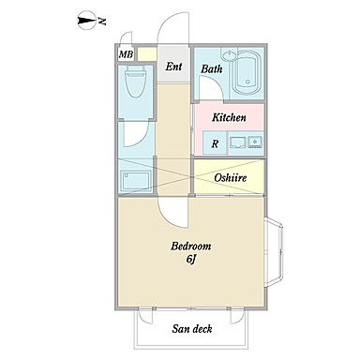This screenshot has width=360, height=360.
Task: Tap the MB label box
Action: [x=127, y=54]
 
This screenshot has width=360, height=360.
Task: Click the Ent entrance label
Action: [x=173, y=67]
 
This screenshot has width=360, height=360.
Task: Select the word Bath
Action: [x=212, y=68]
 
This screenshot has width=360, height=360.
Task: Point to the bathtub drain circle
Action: [x=247, y=82]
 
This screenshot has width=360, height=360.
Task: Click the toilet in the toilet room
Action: [x=135, y=82]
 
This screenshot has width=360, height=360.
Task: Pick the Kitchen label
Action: [x=229, y=117]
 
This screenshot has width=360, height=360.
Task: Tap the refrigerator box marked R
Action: [x=215, y=143]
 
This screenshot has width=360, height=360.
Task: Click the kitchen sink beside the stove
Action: [x=255, y=142]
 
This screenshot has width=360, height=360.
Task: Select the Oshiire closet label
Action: [x=231, y=178]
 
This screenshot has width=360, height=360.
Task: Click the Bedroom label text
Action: [x=190, y=247]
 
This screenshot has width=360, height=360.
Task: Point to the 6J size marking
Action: [x=191, y=260]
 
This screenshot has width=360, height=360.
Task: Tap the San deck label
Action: [x=192, y=329]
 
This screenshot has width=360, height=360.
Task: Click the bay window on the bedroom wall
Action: [x=274, y=252]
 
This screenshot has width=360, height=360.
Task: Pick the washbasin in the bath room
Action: [x=230, y=55]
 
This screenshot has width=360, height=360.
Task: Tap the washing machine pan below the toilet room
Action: [x=136, y=180]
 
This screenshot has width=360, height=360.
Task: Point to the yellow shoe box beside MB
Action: [x=147, y=54]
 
